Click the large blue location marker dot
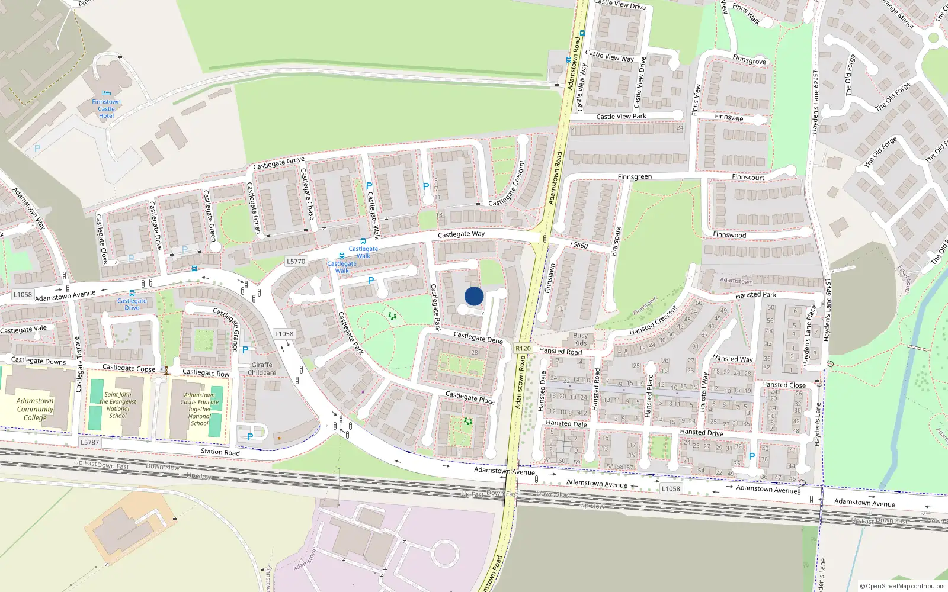[x=474, y=296]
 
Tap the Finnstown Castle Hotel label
[x=107, y=109]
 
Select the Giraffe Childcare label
[x=262, y=369]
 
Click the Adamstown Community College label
[x=35, y=409]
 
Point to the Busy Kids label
[x=581, y=339]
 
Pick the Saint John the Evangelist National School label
[x=118, y=405]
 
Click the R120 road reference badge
[x=523, y=349]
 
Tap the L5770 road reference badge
[x=296, y=262]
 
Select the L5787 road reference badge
[x=89, y=442]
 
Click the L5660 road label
[x=579, y=245]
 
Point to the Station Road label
[x=220, y=452]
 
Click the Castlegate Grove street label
[x=278, y=163]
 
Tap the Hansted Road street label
[x=561, y=351]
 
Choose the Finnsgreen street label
[x=635, y=177]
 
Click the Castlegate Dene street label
[x=478, y=337]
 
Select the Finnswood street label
[x=729, y=235]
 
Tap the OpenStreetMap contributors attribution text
[x=902, y=587]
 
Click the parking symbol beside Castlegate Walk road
[x=369, y=186]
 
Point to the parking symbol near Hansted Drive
[x=752, y=456]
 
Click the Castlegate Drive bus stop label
[x=132, y=304]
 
